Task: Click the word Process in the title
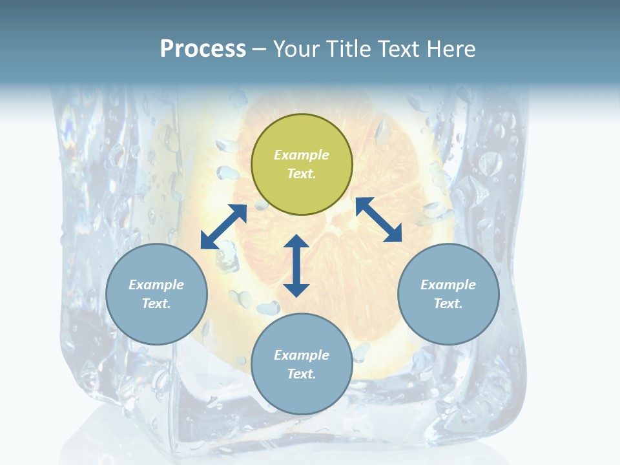tap(203, 49)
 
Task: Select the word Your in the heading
tap(296, 49)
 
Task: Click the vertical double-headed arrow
tap(296, 265)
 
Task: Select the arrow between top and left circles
tap(223, 227)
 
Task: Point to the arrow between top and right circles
tap(378, 220)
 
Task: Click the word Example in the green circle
tap(302, 155)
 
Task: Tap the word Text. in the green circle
tap(302, 174)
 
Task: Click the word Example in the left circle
tap(156, 285)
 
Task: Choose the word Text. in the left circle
tap(156, 304)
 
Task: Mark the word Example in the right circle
tap(448, 285)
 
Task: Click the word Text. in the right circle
tap(448, 304)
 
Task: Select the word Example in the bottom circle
tap(302, 355)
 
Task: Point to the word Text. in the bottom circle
tap(302, 374)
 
